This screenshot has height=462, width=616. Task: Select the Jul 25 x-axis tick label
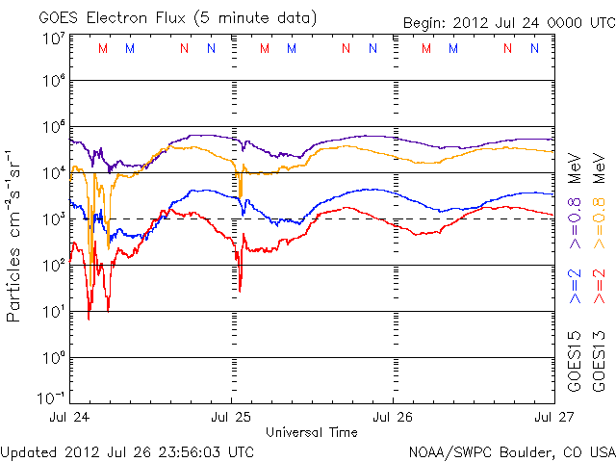(x=232, y=417)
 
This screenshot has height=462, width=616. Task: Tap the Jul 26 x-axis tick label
(x=393, y=417)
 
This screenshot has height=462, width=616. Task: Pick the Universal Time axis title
(x=312, y=432)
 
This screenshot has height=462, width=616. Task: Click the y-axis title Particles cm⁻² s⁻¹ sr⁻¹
(x=16, y=235)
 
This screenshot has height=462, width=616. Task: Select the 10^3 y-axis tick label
(x=53, y=219)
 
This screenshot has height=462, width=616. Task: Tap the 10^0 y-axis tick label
(x=53, y=358)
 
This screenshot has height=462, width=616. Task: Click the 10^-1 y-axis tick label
(x=51, y=398)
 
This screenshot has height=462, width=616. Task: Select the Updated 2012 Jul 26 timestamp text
(x=128, y=450)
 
